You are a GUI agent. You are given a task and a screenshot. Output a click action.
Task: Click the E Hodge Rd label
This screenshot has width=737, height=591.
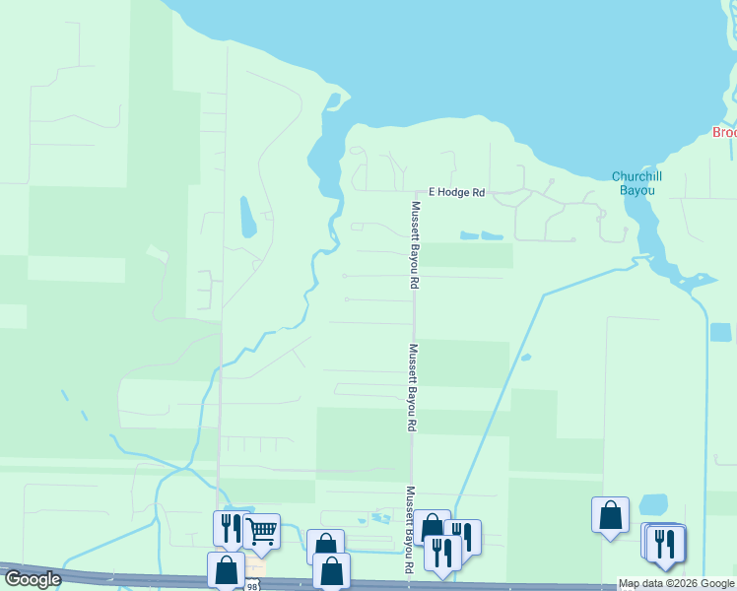(x=455, y=193)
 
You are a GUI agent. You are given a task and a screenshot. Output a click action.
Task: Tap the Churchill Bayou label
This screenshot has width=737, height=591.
(x=636, y=182)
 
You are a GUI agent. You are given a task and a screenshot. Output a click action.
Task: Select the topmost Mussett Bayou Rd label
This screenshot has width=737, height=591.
(x=416, y=244)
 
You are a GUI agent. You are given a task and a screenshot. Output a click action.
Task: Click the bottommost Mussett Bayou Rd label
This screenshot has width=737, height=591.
(x=409, y=530)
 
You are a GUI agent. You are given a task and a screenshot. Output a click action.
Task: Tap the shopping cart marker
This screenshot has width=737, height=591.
(x=261, y=532)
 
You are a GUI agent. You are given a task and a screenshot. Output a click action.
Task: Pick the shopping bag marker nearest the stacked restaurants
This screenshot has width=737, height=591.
(x=610, y=514)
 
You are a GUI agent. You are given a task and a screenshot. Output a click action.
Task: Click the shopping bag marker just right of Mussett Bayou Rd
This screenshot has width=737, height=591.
(x=431, y=526)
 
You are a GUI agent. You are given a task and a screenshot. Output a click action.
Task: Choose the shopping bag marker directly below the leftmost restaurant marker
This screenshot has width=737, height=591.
(x=226, y=569)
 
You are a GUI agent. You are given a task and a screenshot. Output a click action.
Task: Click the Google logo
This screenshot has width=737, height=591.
(x=33, y=579)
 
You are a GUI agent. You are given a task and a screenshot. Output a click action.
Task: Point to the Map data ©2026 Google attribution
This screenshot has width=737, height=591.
(x=676, y=584)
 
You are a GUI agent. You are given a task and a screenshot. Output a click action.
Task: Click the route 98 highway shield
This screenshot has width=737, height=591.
(x=254, y=586)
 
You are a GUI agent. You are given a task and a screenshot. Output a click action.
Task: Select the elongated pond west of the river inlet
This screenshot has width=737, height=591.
(x=247, y=217)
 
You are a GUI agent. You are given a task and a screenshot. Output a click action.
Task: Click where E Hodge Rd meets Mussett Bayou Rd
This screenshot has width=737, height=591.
(x=413, y=193)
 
